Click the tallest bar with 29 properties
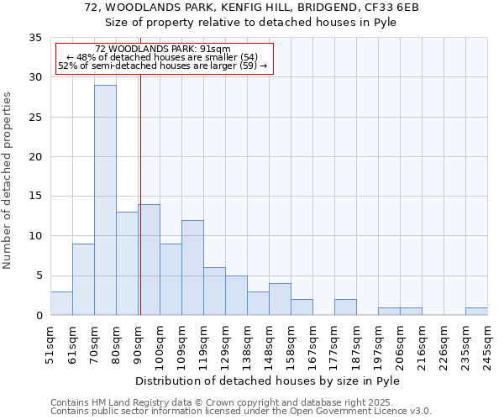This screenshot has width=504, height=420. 105,200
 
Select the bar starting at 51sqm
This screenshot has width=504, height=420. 61,303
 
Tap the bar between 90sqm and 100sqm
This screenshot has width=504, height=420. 149,260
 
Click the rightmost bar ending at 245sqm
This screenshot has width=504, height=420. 476,311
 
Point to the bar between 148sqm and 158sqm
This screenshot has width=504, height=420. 280,299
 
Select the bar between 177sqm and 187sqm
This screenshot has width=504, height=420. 345,307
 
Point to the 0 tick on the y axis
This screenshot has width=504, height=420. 39,316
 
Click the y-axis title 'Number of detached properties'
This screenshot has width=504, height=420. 8,181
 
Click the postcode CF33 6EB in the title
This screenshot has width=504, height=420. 392,8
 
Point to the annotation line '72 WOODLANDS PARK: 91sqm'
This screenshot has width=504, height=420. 162,50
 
